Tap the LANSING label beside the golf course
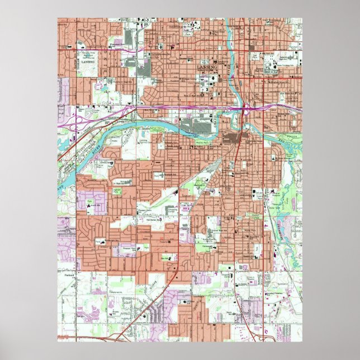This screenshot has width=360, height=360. (88, 63)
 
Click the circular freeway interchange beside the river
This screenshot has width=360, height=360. (247, 108)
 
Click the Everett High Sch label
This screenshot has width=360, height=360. (211, 230)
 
